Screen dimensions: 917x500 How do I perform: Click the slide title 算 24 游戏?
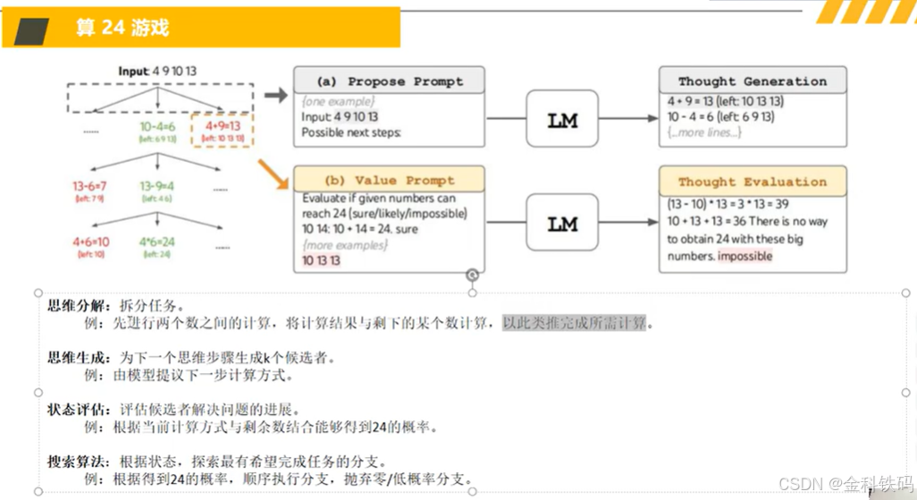coord(122,28)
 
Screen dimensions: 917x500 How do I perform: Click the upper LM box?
coord(562,118)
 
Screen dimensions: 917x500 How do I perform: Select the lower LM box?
coord(562,224)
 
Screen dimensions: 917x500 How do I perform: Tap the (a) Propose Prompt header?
coord(389,81)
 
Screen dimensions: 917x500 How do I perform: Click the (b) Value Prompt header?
coord(389,180)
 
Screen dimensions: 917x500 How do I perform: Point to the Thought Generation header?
coord(752,81)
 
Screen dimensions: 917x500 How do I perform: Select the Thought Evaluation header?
coord(752,182)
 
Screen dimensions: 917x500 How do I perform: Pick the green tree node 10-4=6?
coord(156,127)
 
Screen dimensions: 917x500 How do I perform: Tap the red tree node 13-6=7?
coord(90,186)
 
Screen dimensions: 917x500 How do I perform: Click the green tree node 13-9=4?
coord(156,186)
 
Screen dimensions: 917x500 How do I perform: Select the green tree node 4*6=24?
coord(156,242)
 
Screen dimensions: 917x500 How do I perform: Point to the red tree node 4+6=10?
coord(90,242)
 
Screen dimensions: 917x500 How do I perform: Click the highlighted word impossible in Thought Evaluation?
coord(745,256)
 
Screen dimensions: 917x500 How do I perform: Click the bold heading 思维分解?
coord(75,306)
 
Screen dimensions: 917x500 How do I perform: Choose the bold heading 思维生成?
coord(75,358)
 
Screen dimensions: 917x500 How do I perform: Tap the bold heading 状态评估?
coord(75,410)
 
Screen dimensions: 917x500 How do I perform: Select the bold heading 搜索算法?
coord(75,462)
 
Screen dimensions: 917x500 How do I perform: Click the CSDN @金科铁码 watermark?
coord(845,484)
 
